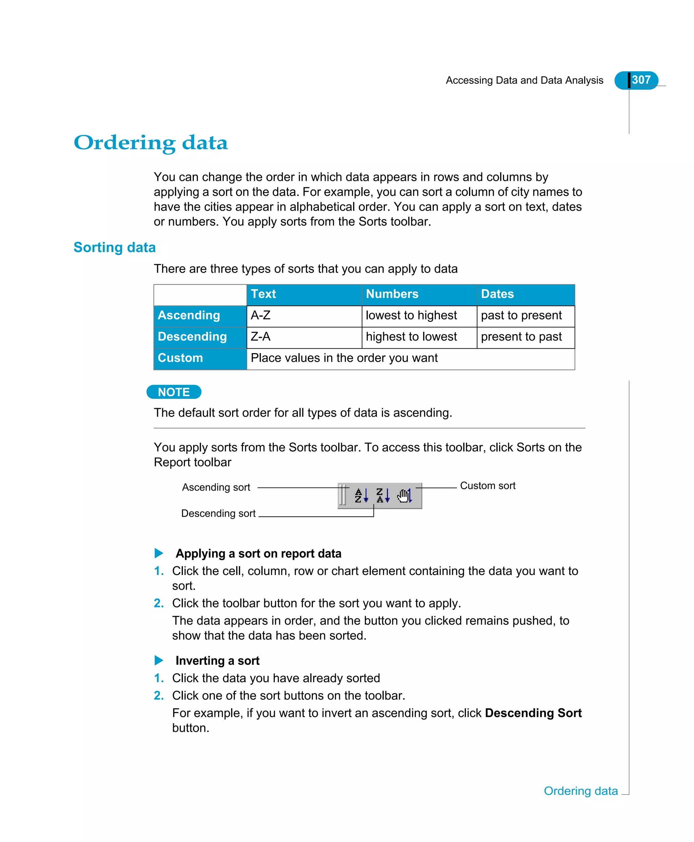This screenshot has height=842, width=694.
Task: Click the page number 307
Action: coord(641,80)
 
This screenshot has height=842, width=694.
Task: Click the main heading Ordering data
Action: coord(151,143)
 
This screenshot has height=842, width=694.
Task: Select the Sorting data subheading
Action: coord(114,247)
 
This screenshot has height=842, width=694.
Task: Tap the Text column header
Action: coord(263,294)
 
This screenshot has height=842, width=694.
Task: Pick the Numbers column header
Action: coord(392,294)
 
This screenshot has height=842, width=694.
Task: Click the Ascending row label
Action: coord(189,315)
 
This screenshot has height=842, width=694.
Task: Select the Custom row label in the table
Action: coord(180,358)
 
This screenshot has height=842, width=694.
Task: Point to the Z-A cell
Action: coord(261,337)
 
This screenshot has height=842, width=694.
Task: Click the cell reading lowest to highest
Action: coord(411,315)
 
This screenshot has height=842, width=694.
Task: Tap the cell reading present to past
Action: coord(521,337)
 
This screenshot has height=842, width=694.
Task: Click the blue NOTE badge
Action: coord(174,392)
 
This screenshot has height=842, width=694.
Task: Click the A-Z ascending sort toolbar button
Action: coord(361,495)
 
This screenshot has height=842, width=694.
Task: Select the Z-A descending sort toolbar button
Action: coord(383,495)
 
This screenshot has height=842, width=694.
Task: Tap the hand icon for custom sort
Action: coord(404,495)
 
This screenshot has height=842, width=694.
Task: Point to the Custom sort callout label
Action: coord(487,485)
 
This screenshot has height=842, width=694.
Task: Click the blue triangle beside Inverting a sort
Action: coord(159,660)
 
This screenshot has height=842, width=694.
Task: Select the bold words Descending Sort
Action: coord(533,713)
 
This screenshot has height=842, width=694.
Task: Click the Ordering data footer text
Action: coord(580,791)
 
